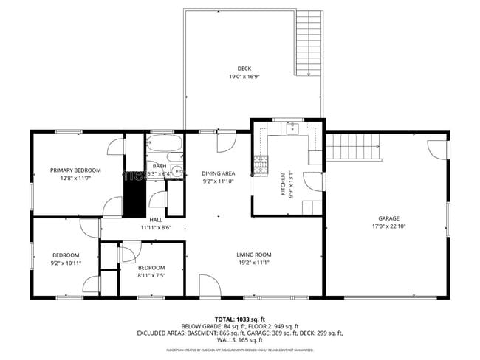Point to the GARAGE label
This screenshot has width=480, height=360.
(389, 218)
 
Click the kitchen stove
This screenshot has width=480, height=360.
(261, 167)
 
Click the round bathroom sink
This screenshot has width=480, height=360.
(176, 171)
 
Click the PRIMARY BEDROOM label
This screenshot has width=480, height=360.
(75, 170)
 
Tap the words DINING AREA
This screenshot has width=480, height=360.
(219, 173)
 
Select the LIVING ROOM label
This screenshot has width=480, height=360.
(254, 255)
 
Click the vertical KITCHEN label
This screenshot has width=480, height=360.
(282, 184)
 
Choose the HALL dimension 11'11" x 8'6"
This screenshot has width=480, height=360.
(156, 227)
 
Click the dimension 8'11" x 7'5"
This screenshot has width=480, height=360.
(151, 275)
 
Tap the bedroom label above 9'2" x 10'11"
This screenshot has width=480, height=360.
(65, 255)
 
